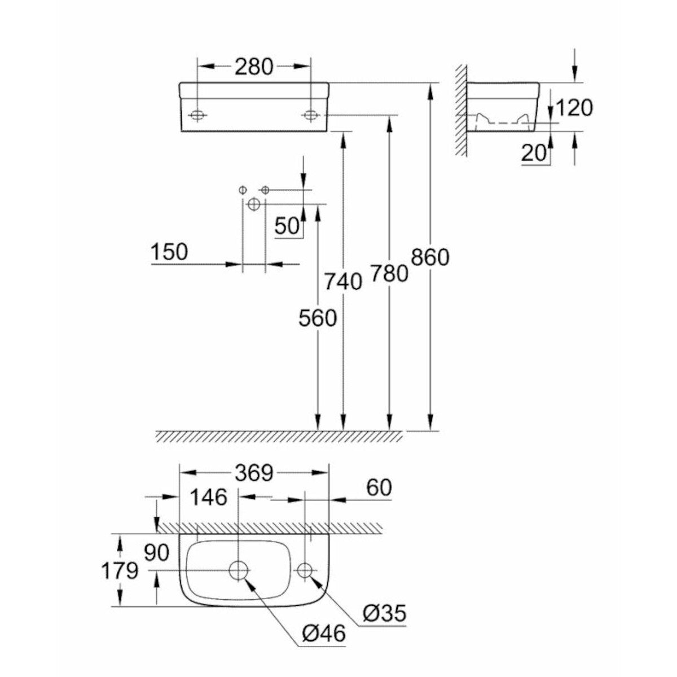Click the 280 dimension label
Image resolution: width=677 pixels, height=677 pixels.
[x=254, y=67]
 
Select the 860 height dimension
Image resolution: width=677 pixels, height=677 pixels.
[x=430, y=257]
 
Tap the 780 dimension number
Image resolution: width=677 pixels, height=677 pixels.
[x=389, y=274]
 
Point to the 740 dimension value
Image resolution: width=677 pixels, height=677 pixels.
[x=343, y=281]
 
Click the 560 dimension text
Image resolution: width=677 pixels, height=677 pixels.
[x=318, y=319]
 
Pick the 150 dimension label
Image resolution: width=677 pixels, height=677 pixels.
[x=169, y=252]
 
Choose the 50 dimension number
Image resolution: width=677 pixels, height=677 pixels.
[x=287, y=226]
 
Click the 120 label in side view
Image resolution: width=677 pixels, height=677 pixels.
[x=574, y=107]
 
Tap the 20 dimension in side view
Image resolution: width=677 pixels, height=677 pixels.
[x=534, y=153]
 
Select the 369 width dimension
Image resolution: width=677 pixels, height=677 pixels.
[x=254, y=473]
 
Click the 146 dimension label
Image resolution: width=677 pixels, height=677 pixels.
[x=208, y=498]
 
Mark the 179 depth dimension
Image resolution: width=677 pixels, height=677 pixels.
[x=120, y=571]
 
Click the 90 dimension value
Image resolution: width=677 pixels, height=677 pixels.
[x=156, y=553]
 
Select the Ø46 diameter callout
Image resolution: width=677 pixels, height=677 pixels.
[x=323, y=634]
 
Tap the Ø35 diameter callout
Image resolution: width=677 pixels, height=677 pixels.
[x=384, y=613]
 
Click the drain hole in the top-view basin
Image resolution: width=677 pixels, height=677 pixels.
[x=239, y=570]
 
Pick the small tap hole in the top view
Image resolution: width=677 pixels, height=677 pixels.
[x=305, y=570]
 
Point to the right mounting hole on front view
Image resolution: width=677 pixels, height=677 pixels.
[x=310, y=115]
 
